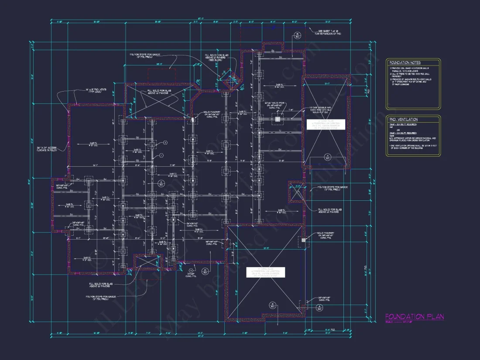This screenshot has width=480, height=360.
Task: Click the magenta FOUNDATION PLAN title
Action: coord(414,316)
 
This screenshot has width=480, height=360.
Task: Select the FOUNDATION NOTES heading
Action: coord(405,62)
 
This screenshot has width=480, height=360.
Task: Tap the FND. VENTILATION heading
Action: coord(404,119)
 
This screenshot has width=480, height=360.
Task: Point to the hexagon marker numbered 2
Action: coord(165,143)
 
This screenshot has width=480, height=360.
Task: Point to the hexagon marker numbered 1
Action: coord(161,155)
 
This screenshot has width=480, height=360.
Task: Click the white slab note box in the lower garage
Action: coord(265,272)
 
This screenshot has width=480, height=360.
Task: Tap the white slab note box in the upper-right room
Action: coord(325,124)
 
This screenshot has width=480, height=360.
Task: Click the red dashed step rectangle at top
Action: coord(162,74)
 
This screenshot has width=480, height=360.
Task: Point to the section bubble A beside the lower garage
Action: coord(320,308)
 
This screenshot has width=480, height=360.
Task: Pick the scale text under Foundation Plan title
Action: coord(401,322)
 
